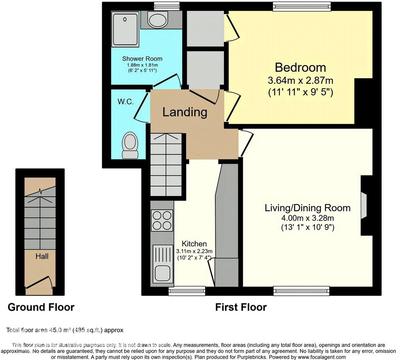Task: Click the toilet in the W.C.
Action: pos(130,145)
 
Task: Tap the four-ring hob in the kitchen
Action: pos(162,220)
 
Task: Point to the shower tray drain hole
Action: pos(125,19)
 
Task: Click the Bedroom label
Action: pos(300,67)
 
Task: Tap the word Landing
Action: pos(184,112)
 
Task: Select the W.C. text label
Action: pos(126,102)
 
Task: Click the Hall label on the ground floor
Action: pos(42,256)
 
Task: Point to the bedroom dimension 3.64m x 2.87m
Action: pos(300,80)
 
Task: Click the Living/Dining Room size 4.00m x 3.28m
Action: pos(307,218)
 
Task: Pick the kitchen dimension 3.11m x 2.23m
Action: pos(194,251)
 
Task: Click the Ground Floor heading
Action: pos(41,307)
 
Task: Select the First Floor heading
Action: pos(241,307)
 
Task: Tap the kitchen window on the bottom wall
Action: pos(187,291)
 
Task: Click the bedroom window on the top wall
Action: pos(302,6)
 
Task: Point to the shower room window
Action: pos(167,6)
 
